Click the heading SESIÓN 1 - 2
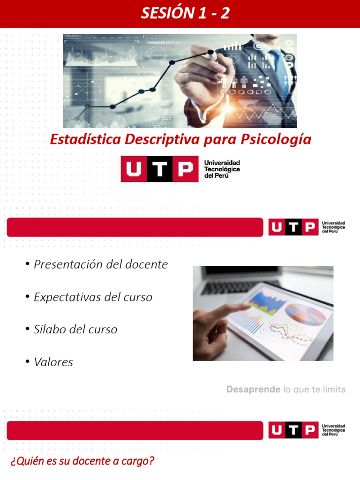(186, 14)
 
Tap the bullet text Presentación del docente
(100, 264)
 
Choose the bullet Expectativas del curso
(93, 297)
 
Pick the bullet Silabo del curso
(75, 330)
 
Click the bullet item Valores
(53, 362)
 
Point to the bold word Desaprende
(253, 390)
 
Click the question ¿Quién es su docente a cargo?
(82, 461)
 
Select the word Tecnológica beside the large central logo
(222, 169)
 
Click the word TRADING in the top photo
(73, 36)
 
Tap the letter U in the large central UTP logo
(133, 169)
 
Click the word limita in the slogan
(334, 390)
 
